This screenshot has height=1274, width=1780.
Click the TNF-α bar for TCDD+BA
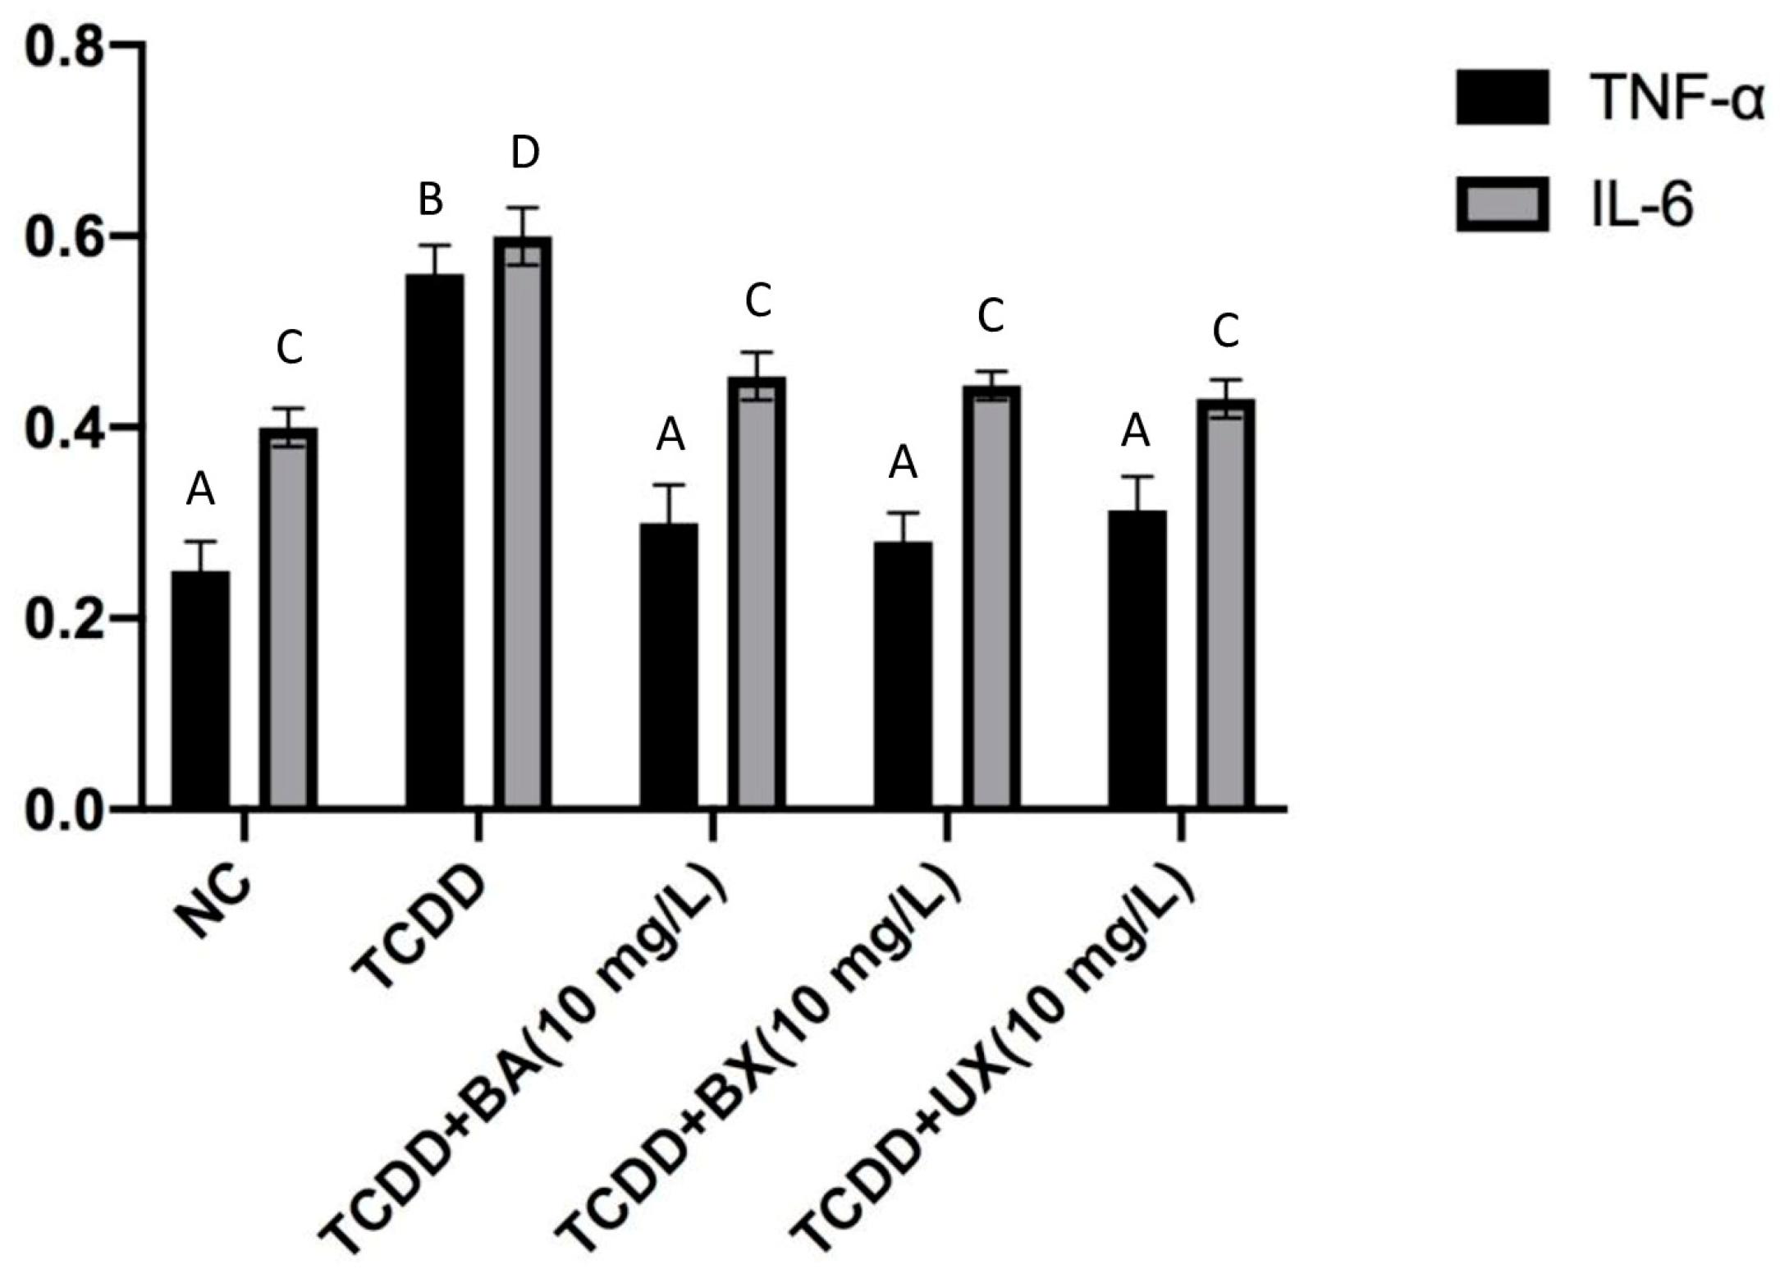tap(669, 665)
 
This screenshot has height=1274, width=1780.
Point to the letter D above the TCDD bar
tap(525, 154)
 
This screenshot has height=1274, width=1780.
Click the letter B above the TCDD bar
tap(431, 199)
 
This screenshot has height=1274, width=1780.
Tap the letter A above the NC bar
tap(200, 491)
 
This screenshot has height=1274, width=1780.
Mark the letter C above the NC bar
tap(290, 347)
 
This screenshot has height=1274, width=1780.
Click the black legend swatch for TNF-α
tap(1503, 97)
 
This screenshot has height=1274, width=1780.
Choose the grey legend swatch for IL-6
tap(1503, 204)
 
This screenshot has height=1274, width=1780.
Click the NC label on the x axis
tap(215, 903)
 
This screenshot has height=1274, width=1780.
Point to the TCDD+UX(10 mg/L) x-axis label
tap(993, 1059)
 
